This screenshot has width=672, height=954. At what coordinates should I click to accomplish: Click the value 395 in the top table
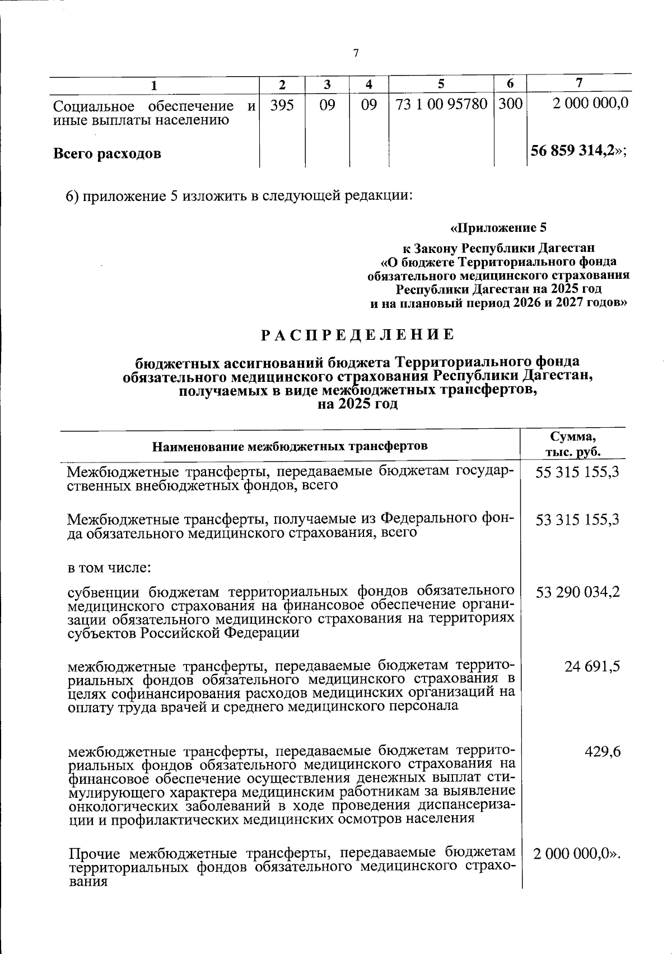click(x=282, y=105)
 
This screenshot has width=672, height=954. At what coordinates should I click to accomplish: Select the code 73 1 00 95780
click(x=441, y=104)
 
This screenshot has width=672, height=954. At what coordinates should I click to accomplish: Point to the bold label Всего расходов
click(x=107, y=153)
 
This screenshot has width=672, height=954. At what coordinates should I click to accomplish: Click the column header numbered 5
click(x=441, y=84)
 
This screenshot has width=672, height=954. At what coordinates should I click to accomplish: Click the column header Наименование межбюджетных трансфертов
click(x=290, y=446)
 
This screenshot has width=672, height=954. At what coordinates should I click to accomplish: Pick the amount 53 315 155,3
click(x=577, y=520)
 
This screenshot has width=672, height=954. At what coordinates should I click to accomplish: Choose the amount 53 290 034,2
click(x=577, y=592)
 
